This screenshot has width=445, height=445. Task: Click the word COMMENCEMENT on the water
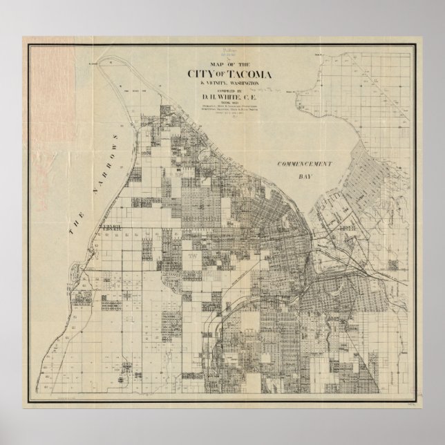pos(305,164)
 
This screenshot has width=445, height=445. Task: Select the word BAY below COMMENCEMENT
pos(305,176)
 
